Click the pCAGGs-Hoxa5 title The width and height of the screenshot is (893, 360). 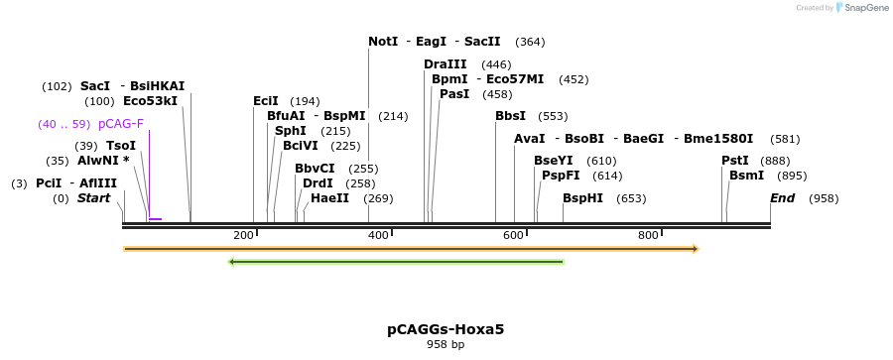[446, 329]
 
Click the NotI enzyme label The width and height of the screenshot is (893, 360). [383, 42]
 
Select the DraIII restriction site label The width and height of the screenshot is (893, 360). [446, 64]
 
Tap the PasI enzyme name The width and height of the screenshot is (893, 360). [454, 94]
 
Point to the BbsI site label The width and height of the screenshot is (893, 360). [510, 116]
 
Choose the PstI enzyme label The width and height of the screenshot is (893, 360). [735, 161]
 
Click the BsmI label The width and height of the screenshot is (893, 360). [747, 176]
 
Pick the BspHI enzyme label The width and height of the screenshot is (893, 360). [582, 198]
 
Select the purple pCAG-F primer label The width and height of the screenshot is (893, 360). [121, 124]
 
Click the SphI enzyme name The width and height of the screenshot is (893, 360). [291, 131]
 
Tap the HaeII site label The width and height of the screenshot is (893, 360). [329, 198]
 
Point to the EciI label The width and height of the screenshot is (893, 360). [266, 101]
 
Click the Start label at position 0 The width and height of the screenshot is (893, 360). [93, 198]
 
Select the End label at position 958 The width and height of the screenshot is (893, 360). [783, 198]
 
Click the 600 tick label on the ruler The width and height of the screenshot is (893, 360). [512, 235]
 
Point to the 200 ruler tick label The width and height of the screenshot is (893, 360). [243, 235]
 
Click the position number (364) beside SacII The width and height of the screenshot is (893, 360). [530, 42]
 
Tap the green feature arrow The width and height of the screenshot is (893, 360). [397, 262]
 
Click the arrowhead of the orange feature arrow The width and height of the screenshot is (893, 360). [695, 248]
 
